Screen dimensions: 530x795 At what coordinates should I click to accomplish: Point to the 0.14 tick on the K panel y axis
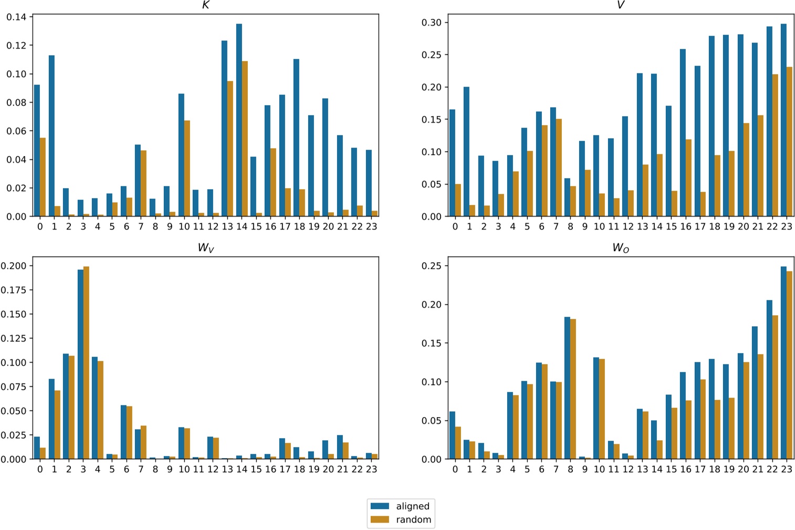pyautogui.click(x=16, y=17)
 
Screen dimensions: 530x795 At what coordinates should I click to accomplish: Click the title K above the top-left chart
pyautogui.click(x=205, y=5)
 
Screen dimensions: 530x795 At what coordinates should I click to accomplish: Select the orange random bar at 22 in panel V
pyautogui.click(x=775, y=145)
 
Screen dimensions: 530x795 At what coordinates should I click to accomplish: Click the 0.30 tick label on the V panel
pyautogui.click(x=432, y=23)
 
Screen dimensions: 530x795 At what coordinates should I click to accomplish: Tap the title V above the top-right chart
pyautogui.click(x=621, y=5)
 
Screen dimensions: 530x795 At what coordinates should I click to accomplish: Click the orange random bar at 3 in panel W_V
pyautogui.click(x=86, y=362)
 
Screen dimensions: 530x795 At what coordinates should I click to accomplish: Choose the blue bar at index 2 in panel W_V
pyautogui.click(x=66, y=406)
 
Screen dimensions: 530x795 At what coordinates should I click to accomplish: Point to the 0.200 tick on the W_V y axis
pyautogui.click(x=14, y=266)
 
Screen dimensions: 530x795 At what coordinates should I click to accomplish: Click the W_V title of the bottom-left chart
pyautogui.click(x=205, y=248)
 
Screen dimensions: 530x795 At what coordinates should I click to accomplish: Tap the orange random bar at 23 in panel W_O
pyautogui.click(x=789, y=365)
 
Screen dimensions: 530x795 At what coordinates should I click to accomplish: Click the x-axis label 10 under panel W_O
pyautogui.click(x=599, y=469)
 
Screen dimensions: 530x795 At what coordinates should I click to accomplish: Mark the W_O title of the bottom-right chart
pyautogui.click(x=621, y=248)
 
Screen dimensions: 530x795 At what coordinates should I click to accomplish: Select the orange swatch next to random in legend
pyautogui.click(x=380, y=519)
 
